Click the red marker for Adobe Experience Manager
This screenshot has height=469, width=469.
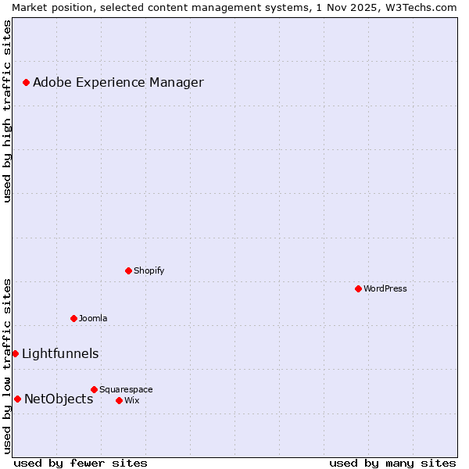26,82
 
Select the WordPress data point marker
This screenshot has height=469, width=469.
358,288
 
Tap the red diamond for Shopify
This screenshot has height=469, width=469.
128,270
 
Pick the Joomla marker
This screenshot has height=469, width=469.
73,318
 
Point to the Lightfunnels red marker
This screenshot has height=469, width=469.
15,353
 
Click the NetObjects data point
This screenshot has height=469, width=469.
17,399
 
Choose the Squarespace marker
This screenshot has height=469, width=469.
94,389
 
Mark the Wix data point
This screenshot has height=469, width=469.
119,400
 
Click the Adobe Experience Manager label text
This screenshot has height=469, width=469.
118,82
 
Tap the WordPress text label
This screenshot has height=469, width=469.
385,288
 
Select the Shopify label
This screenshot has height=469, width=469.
149,270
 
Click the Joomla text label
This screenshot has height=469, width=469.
93,318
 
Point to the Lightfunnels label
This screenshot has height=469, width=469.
60,353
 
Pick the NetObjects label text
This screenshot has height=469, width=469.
59,399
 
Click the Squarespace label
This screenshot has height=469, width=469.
126,389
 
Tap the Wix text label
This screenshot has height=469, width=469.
131,400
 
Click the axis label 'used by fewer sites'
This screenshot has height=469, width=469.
81,463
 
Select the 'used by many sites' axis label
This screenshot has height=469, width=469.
392,463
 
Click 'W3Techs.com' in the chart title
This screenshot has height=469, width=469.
422,7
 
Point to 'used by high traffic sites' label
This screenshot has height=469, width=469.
7,111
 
